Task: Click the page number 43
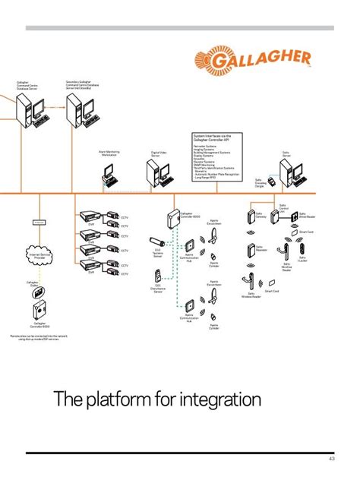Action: click(331, 459)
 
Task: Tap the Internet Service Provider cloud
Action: click(39, 255)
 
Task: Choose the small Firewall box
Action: click(39, 222)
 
